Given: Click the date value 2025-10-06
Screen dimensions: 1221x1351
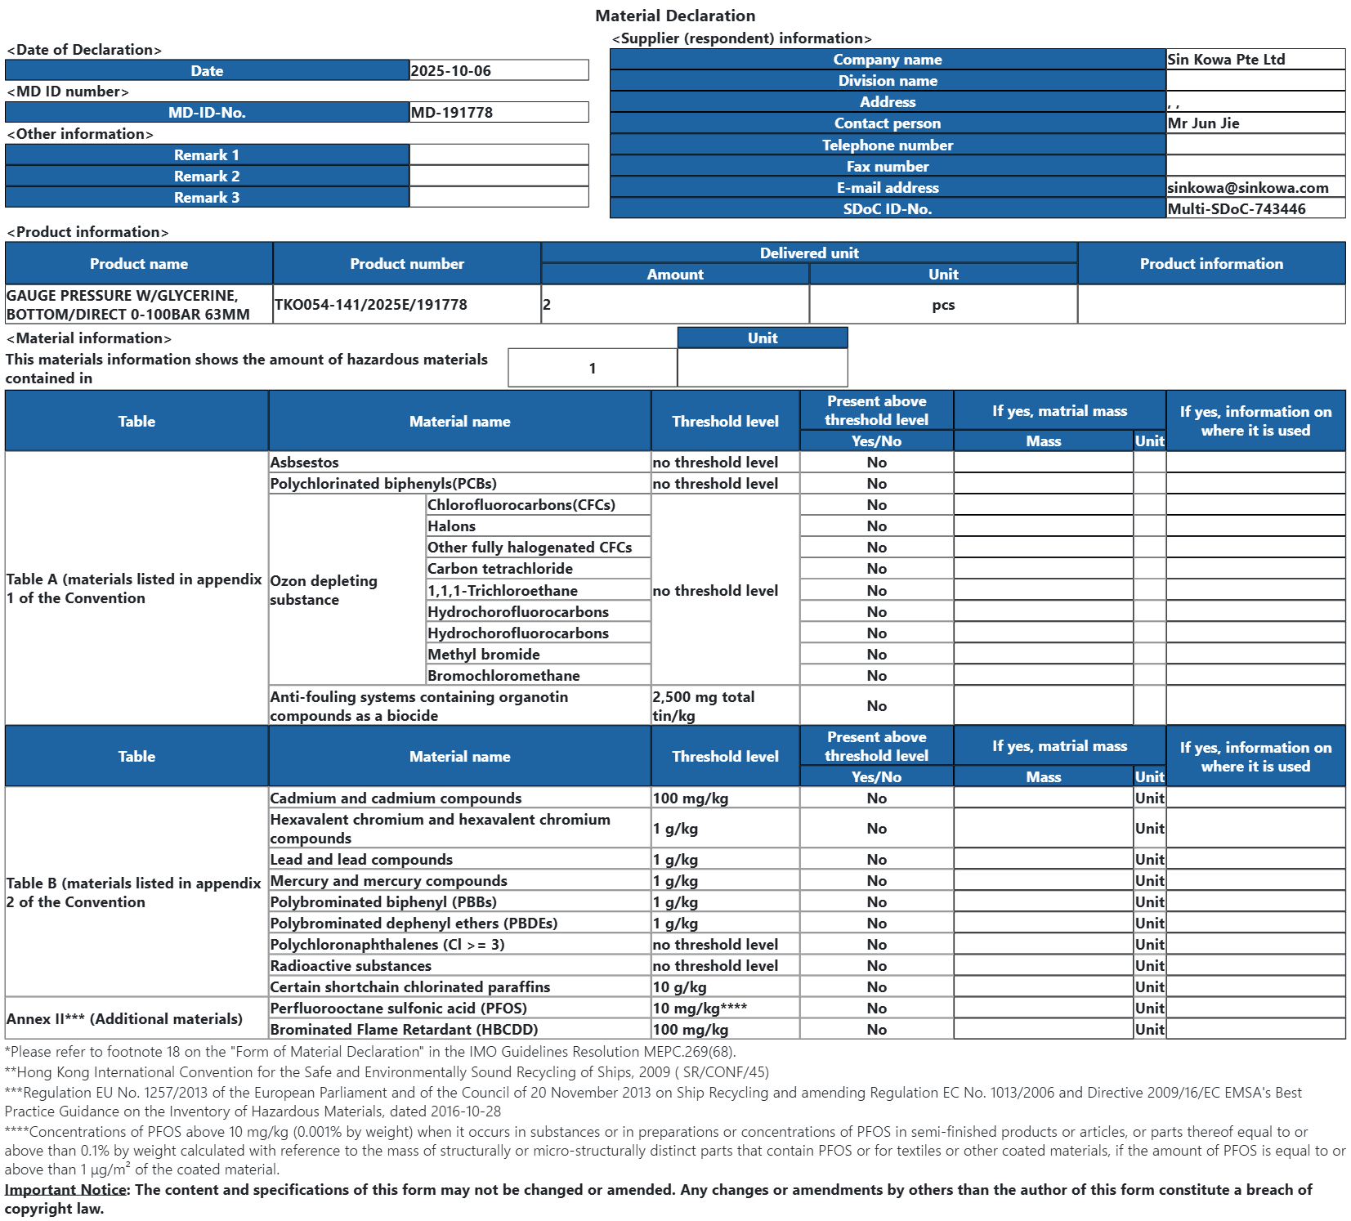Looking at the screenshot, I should (451, 71).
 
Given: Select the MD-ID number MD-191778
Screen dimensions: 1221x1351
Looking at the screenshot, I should (452, 113).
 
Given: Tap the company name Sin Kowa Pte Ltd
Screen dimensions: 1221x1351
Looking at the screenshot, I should (1226, 60).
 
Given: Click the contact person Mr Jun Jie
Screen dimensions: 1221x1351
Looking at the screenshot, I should (1203, 123).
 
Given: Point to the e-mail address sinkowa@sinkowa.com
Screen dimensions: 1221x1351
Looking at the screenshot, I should (1247, 188).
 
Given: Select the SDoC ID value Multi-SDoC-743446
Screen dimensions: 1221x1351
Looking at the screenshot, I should (1236, 209).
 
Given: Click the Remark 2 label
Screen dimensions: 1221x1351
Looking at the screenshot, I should (207, 177).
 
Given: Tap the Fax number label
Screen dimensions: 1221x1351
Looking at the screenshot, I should (888, 167).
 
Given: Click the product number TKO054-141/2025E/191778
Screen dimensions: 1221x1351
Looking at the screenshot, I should (371, 305).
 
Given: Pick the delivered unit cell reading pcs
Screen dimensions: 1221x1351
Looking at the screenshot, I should (943, 305).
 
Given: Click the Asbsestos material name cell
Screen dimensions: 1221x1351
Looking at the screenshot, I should (305, 463).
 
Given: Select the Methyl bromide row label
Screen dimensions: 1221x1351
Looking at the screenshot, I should (484, 655).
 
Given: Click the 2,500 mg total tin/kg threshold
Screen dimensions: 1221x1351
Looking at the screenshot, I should (704, 706).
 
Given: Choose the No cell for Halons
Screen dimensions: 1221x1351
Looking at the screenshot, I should (876, 526).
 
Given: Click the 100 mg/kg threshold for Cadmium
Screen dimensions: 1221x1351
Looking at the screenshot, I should (691, 798).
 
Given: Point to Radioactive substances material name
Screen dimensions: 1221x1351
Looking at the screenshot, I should (351, 966).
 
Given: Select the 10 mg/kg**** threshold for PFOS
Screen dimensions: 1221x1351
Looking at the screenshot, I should (700, 1009).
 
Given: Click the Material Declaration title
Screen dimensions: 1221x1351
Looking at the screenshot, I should (675, 16).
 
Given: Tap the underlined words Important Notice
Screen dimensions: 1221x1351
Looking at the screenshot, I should (66, 1190).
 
